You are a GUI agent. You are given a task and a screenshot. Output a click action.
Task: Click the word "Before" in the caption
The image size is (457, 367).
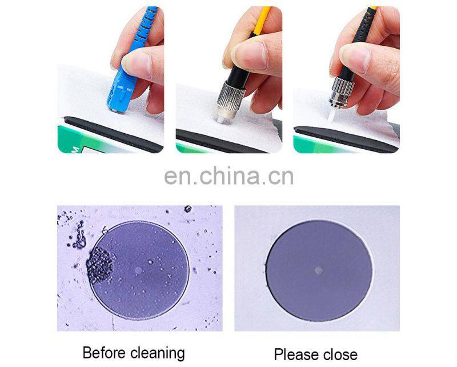pos(104,353)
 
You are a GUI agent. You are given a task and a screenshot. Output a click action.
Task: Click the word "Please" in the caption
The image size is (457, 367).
pos(298,355)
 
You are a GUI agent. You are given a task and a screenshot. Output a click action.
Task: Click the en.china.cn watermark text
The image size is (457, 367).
pos(229,176)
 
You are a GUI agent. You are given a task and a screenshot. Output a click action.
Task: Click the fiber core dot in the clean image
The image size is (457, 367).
pos(319,270)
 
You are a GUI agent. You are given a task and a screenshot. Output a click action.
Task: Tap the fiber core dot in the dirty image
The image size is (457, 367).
pos(138,270)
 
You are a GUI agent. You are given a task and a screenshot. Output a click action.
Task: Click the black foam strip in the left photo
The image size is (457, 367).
pos(113,134)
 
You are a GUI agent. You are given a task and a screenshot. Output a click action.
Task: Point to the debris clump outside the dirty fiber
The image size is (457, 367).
pos(80,236)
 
